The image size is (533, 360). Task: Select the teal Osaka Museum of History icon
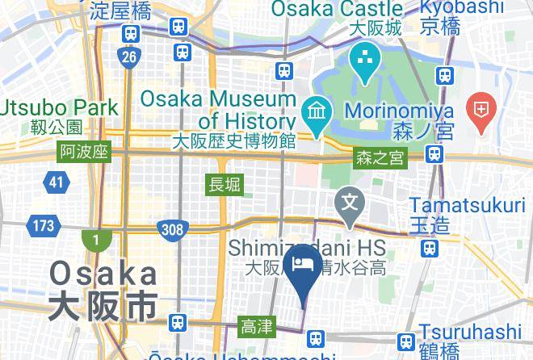(314, 110)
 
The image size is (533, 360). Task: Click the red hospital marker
(482, 114)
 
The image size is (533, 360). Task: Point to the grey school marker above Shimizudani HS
(350, 201)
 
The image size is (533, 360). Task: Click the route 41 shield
(56, 182)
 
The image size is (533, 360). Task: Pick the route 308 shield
(171, 230)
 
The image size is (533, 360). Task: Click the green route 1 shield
(93, 240)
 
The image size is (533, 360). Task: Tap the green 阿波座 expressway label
(83, 153)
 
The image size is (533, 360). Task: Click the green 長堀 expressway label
(224, 185)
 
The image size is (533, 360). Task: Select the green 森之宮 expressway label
(379, 159)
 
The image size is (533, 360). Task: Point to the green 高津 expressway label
(258, 327)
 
